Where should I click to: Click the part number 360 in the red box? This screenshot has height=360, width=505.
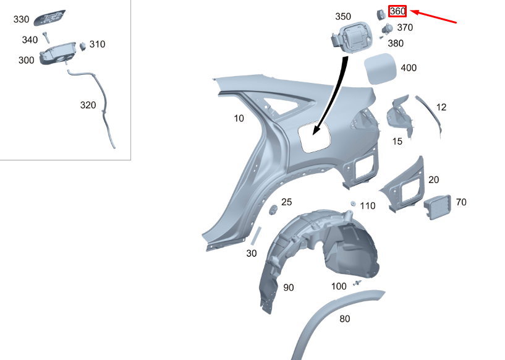[397, 11]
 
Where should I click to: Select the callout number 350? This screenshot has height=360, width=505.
[343, 17]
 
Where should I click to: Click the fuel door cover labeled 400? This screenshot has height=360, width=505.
[381, 68]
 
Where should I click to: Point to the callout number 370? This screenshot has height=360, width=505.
[405, 28]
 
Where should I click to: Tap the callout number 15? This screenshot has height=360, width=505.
[397, 142]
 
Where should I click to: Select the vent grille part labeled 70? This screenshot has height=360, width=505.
[438, 205]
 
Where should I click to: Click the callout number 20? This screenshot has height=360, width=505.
[433, 180]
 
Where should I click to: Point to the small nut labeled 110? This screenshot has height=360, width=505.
[353, 203]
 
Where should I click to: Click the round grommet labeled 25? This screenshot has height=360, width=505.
[271, 210]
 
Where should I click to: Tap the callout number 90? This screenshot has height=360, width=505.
[289, 288]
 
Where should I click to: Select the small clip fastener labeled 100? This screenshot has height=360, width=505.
[357, 283]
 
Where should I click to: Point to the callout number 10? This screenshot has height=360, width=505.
[239, 118]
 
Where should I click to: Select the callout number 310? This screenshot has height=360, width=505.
[97, 45]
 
